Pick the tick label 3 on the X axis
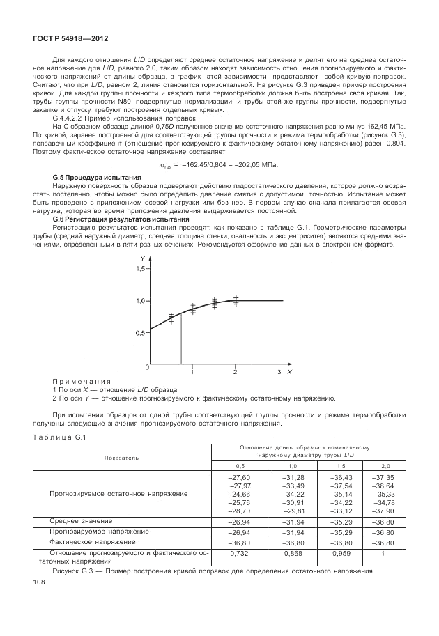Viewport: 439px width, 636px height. [279, 373]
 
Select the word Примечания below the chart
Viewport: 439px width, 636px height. [82, 382]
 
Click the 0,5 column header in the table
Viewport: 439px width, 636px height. [240, 465]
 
